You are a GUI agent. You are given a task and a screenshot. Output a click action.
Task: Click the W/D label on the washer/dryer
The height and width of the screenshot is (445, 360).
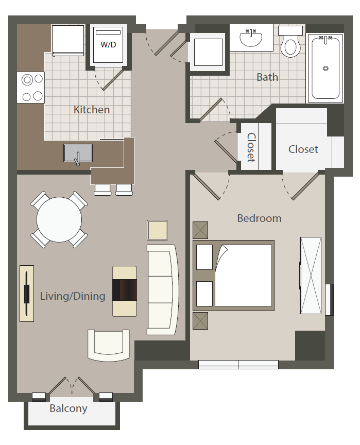(x=108, y=45)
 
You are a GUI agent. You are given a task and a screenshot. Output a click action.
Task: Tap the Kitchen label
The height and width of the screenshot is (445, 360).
(x=92, y=110)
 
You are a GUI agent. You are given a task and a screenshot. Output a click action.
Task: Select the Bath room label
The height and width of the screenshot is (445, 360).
(x=267, y=77)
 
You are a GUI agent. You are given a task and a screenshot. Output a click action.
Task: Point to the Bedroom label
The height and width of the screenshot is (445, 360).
(x=259, y=218)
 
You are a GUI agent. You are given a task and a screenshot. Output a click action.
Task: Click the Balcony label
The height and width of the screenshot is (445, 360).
(x=68, y=408)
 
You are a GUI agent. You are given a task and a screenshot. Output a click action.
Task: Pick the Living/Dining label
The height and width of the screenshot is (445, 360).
(x=73, y=296)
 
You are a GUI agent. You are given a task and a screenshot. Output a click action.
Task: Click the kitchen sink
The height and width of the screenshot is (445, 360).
(x=78, y=154)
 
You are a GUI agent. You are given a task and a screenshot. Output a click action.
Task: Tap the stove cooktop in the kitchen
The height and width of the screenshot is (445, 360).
(x=30, y=88)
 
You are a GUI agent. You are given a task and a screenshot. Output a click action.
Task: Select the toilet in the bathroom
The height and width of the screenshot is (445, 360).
(x=290, y=41)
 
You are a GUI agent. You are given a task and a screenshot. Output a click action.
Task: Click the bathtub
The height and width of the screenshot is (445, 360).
(x=325, y=69)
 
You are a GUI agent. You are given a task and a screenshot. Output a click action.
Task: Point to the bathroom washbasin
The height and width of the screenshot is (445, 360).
(x=251, y=38)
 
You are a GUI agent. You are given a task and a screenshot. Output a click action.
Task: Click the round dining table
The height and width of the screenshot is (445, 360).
(x=59, y=219)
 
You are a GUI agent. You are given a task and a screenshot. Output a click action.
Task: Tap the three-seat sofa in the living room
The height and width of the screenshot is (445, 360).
(x=163, y=289)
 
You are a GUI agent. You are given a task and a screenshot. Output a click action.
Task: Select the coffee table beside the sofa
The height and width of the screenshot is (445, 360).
(x=125, y=291)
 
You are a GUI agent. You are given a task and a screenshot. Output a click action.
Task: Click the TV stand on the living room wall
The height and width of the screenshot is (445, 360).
(x=27, y=294)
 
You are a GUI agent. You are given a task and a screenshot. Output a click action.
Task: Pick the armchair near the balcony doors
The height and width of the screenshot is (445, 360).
(x=109, y=346)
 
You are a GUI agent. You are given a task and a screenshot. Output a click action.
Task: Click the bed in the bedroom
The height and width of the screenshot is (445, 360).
(x=233, y=276)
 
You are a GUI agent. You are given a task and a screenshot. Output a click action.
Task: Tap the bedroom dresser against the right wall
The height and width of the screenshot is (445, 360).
(x=311, y=276)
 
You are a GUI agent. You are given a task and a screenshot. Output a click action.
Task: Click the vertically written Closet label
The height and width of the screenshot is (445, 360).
(x=251, y=147)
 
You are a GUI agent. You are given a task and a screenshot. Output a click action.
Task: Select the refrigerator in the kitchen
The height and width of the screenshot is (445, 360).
(x=68, y=41)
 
